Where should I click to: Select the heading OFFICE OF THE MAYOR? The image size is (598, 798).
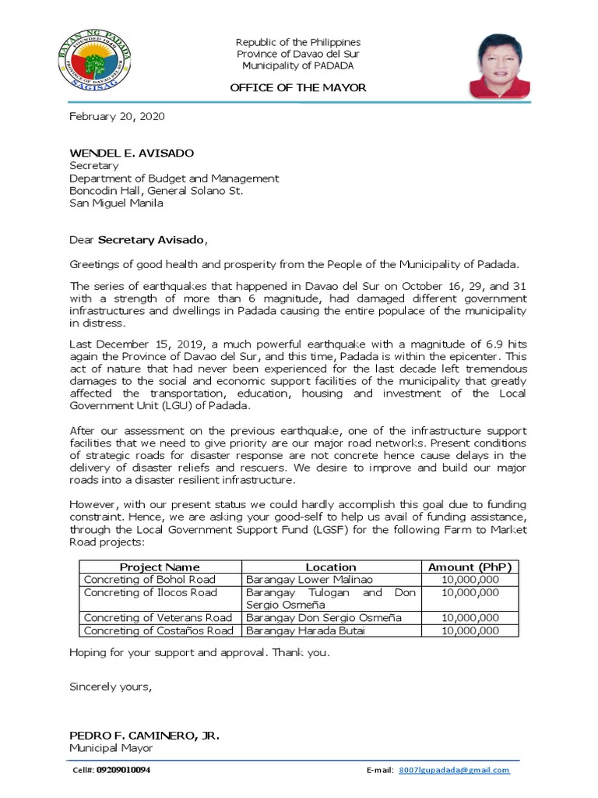click(298, 88)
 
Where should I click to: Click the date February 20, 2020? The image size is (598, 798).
click(117, 116)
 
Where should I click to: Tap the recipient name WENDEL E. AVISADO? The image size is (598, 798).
click(132, 153)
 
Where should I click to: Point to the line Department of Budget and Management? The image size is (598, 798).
click(174, 178)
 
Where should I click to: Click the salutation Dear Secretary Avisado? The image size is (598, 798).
click(139, 240)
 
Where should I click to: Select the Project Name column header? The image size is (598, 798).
click(160, 567)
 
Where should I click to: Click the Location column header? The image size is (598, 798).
click(331, 567)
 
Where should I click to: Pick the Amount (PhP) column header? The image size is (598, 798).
click(470, 567)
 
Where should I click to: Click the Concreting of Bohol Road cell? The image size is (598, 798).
click(149, 580)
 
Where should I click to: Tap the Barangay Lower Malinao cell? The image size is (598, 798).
click(309, 580)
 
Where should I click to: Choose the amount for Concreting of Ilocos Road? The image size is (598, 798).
click(470, 593)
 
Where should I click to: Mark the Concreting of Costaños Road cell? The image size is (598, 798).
click(158, 630)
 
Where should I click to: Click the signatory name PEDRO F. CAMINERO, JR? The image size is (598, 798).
click(144, 736)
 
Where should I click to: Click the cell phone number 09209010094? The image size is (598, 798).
click(123, 770)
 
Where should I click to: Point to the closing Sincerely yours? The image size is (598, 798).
click(110, 687)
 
